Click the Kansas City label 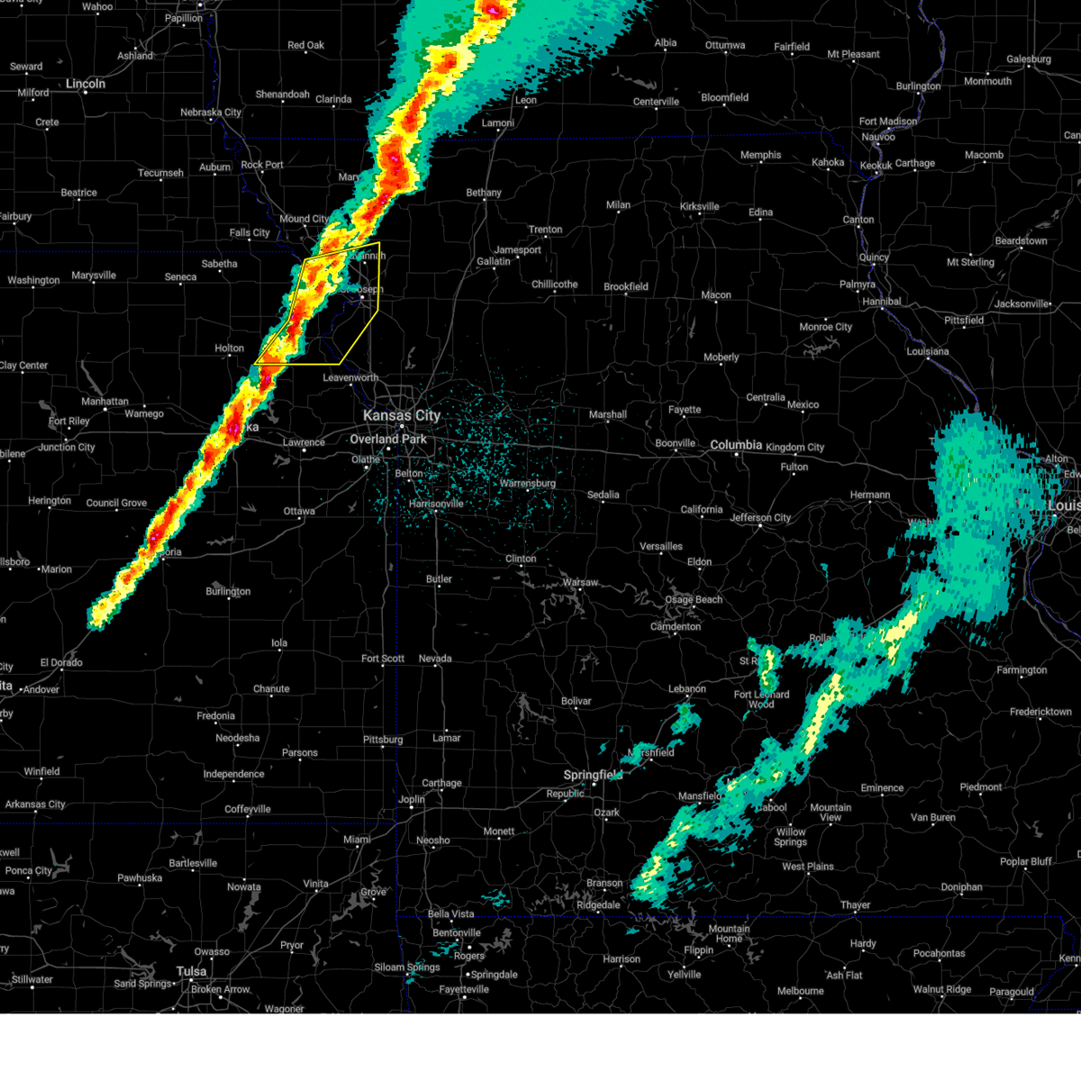[x=402, y=415]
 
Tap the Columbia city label [x=736, y=445]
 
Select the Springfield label [x=593, y=775]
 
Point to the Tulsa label [x=191, y=971]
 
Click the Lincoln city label [x=86, y=84]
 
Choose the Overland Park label [x=388, y=439]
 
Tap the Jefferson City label [x=760, y=518]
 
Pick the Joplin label [x=412, y=799]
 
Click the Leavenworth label [x=350, y=377]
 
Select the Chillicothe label [x=554, y=285]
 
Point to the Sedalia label [x=603, y=495]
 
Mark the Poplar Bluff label [x=1025, y=861]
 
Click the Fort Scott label [x=383, y=659]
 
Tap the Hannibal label [x=881, y=302]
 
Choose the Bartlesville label [x=193, y=863]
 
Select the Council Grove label [x=116, y=503]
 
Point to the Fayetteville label [x=464, y=989]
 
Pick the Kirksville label [x=700, y=206]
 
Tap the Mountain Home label [x=729, y=933]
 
